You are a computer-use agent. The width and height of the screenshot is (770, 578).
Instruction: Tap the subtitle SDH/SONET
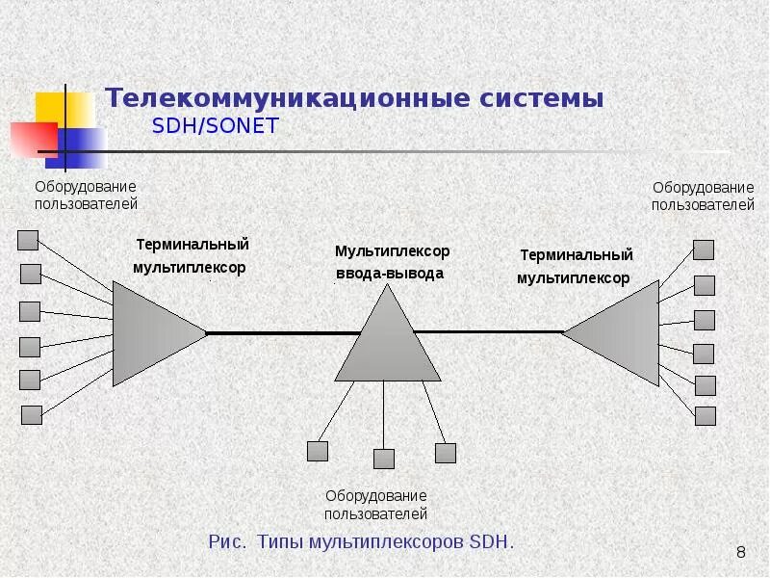click(215, 127)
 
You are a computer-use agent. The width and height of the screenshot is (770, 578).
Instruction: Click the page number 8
click(740, 552)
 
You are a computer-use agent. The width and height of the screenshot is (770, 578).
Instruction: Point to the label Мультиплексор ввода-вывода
click(391, 262)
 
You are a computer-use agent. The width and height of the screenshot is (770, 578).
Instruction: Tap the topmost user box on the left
click(29, 240)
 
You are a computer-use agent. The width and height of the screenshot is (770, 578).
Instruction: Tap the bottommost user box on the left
click(32, 415)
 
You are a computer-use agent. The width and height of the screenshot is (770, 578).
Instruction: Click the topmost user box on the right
click(704, 250)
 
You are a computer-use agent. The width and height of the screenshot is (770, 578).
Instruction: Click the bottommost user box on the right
click(705, 416)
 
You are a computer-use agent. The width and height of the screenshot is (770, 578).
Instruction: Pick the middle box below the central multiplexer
click(384, 459)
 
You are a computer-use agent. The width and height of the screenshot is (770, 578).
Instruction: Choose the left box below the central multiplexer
click(318, 451)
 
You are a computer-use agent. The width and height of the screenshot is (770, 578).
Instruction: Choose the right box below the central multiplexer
click(445, 453)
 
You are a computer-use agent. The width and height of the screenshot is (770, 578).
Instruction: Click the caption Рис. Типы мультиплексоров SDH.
click(361, 541)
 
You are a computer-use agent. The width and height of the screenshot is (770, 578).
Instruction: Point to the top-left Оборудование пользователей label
click(87, 195)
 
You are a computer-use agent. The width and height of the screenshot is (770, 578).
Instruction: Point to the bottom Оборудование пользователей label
click(375, 505)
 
